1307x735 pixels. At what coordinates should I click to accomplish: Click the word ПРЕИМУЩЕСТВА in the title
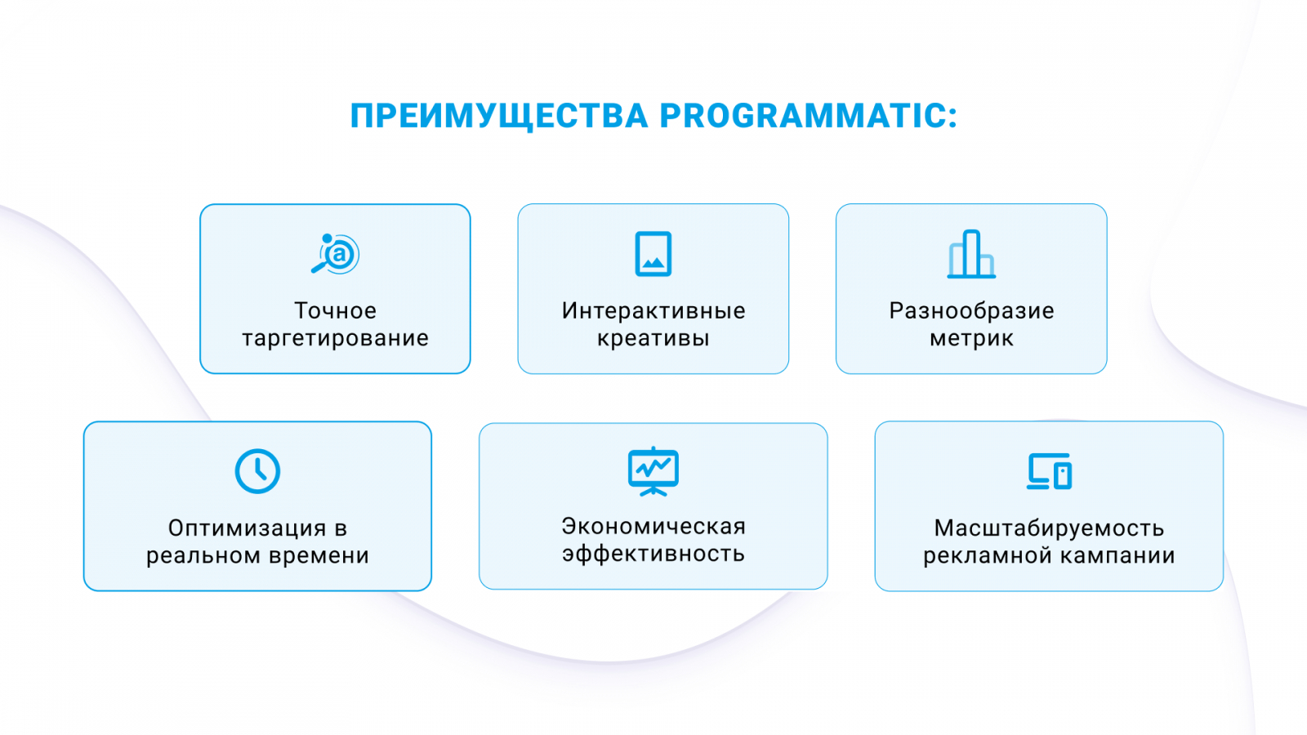498,116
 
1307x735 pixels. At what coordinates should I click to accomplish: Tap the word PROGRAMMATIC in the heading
807,116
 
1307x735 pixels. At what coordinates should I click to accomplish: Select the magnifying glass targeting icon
335,254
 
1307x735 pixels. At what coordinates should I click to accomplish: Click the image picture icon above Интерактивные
653,254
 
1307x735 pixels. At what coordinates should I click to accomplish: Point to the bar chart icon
971,254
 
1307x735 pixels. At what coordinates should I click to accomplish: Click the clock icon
257,471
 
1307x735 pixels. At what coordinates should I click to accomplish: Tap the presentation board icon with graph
653,471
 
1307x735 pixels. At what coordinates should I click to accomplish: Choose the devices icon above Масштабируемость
1049,471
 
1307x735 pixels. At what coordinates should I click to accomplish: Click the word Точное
335,310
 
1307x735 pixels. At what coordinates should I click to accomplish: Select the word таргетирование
335,338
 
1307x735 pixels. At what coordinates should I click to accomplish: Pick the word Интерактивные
653,310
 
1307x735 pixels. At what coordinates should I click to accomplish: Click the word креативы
653,338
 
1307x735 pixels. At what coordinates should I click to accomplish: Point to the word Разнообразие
971,310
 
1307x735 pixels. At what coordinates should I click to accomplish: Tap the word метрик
971,338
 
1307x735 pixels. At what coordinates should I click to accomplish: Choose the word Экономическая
653,527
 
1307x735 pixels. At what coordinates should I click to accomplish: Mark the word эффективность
653,554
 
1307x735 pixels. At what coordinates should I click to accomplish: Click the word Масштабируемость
1049,528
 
